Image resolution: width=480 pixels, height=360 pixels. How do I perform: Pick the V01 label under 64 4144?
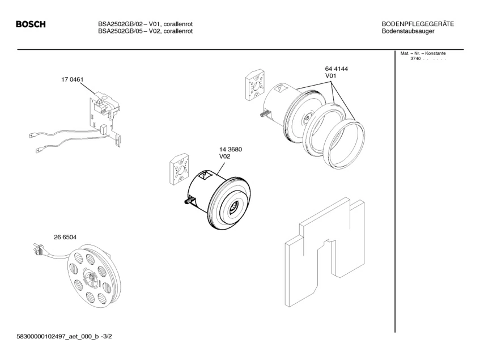click(x=331, y=76)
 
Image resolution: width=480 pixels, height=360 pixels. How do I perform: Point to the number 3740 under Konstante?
click(x=415, y=60)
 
